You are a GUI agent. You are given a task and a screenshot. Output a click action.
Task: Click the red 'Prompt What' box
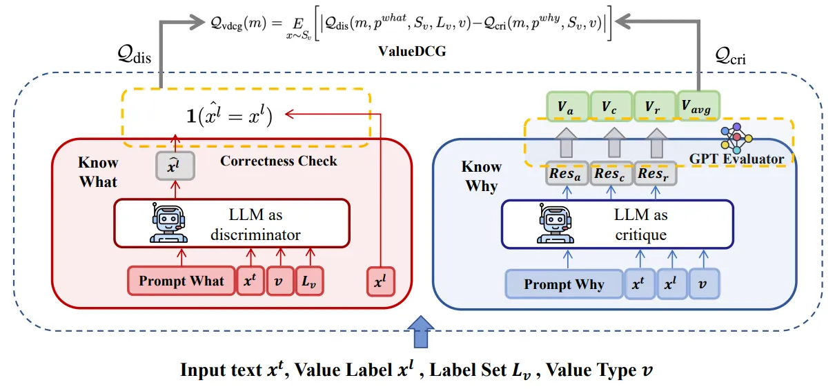click(x=181, y=281)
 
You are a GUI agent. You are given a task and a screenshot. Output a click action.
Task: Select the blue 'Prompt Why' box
click(x=564, y=283)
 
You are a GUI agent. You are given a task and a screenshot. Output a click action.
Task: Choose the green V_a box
click(x=567, y=108)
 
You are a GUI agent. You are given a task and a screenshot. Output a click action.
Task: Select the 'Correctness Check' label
click(x=279, y=161)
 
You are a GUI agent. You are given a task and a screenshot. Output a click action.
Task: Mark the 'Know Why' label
click(x=480, y=176)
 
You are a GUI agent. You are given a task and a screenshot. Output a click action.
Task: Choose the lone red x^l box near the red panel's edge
click(x=380, y=281)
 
